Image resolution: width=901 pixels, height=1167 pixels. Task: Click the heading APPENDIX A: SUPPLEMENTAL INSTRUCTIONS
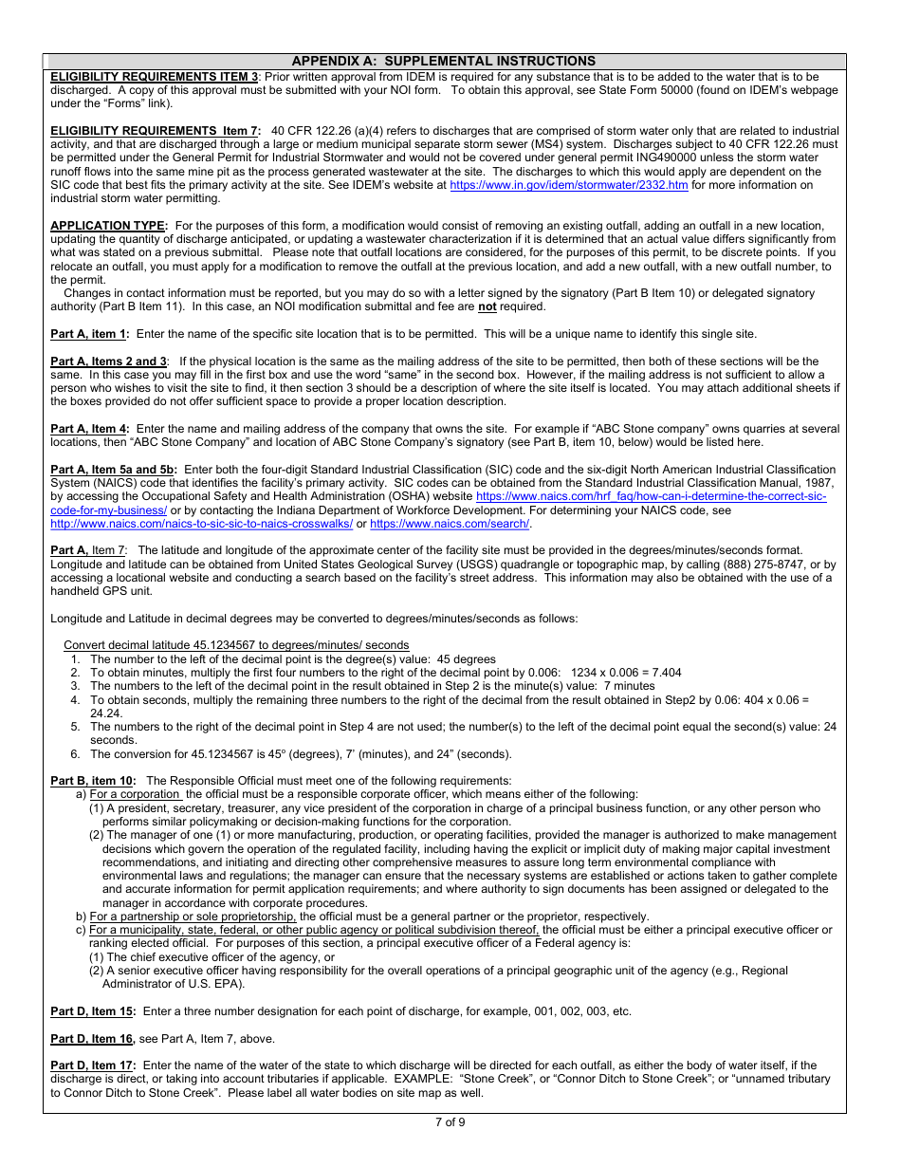(444, 61)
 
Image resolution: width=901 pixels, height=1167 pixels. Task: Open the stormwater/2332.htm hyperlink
(569, 185)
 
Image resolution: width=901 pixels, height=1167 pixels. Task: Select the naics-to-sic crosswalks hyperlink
(201, 524)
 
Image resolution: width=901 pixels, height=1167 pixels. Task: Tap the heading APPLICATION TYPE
(109, 226)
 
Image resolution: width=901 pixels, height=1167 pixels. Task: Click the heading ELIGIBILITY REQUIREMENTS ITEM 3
(154, 76)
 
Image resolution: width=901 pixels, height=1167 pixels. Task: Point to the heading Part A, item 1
(89, 334)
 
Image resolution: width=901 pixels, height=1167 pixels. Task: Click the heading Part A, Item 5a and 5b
(114, 470)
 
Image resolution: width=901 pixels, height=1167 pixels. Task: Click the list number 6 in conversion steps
(75, 754)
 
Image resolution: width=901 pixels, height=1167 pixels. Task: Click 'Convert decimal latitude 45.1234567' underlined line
(236, 645)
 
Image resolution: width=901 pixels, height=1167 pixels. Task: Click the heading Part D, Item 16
(93, 1039)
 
